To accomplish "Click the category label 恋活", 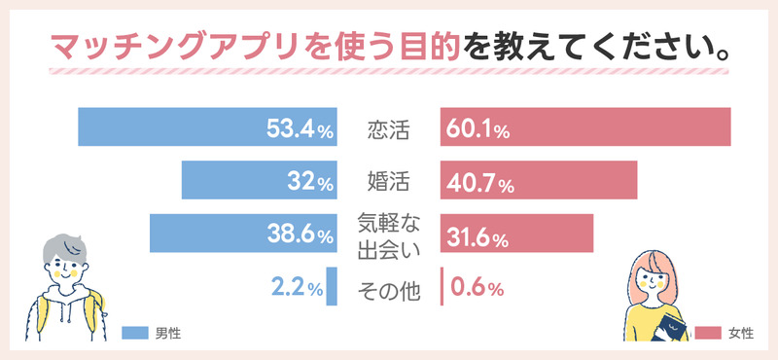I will pyautogui.click(x=388, y=128).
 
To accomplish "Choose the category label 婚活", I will pyautogui.click(x=388, y=182).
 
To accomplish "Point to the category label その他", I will pyautogui.click(x=388, y=289).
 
